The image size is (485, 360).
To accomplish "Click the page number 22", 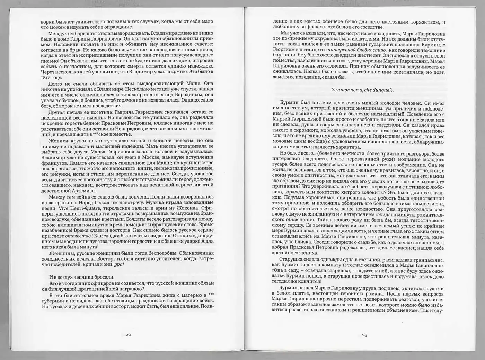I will (x=128, y=335).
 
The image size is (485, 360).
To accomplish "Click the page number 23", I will (x=364, y=335).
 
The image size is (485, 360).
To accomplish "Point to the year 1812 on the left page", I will (x=46, y=77).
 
